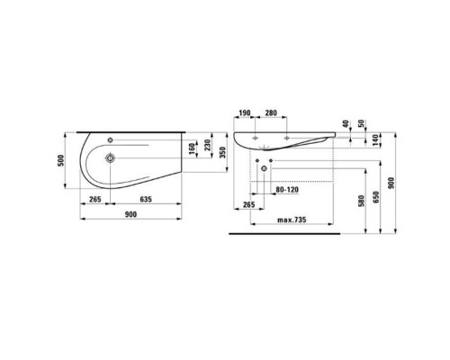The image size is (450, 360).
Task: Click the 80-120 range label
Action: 286,190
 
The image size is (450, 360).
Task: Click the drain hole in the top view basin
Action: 109,158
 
